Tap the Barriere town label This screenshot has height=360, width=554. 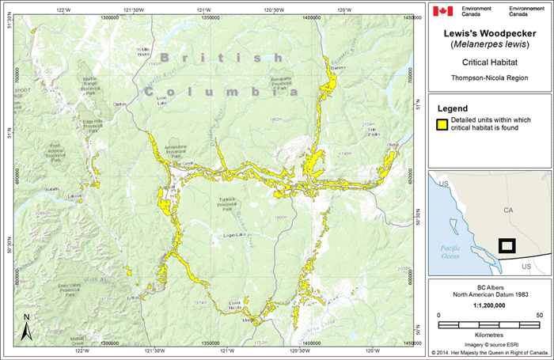[x=338, y=68]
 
